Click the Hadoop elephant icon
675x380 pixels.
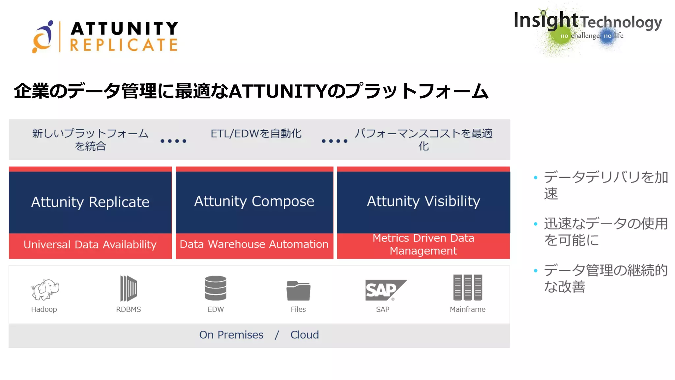click(45, 289)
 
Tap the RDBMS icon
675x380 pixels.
click(128, 288)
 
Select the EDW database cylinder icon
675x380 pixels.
click(216, 288)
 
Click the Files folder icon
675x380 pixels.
click(298, 290)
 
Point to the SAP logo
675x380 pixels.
click(384, 290)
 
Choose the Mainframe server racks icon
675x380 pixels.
click(467, 287)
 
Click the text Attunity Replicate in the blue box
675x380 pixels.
click(90, 202)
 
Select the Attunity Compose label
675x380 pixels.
click(254, 201)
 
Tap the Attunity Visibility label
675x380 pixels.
click(424, 201)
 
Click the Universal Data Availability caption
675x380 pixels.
click(90, 244)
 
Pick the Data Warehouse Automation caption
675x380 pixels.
click(254, 244)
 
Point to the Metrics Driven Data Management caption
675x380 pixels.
click(424, 244)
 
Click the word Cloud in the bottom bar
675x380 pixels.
click(305, 335)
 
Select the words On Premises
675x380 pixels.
click(231, 335)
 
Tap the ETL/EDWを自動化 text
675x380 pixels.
click(256, 134)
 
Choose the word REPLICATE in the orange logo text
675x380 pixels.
click(124, 45)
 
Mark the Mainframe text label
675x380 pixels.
click(467, 309)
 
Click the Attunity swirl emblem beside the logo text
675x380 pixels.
click(43, 37)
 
